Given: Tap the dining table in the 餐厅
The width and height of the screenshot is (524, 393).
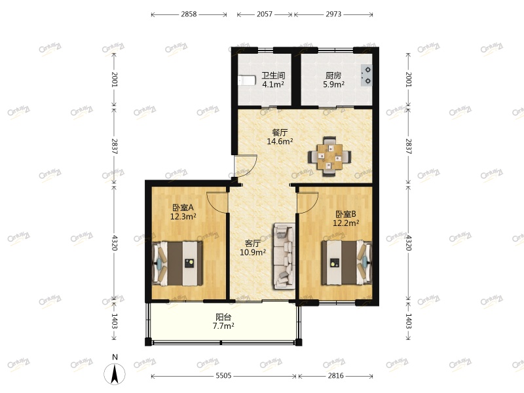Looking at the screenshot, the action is click(x=329, y=157).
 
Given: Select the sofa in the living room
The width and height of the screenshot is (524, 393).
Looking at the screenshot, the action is click(x=284, y=256).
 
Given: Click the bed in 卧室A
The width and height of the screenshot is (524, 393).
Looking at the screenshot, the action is click(x=177, y=263).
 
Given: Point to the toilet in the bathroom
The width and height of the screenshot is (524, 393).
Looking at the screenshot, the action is click(x=247, y=81).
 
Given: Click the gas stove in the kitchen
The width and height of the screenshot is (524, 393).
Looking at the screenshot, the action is click(x=366, y=75).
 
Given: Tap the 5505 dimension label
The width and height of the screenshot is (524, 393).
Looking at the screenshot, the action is click(x=223, y=375).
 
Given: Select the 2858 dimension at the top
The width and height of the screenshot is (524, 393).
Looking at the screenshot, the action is click(x=189, y=14).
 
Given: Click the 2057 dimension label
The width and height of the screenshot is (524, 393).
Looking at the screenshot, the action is click(x=265, y=14).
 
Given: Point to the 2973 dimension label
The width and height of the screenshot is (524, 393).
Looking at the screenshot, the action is click(x=333, y=14).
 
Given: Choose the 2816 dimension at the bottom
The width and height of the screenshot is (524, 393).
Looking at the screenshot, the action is click(x=335, y=375).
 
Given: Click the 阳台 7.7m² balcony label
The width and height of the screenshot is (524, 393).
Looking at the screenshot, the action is click(x=223, y=321).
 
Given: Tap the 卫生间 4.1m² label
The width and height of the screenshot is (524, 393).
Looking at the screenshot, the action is click(x=273, y=80).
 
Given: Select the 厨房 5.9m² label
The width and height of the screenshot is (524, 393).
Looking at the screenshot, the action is click(x=333, y=80).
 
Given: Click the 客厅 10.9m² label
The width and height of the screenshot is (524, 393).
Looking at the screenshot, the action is click(x=253, y=248).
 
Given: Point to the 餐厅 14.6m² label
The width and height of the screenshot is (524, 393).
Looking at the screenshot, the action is click(x=280, y=137).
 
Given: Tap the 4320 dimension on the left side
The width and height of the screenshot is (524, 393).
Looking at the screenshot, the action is click(x=115, y=243).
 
